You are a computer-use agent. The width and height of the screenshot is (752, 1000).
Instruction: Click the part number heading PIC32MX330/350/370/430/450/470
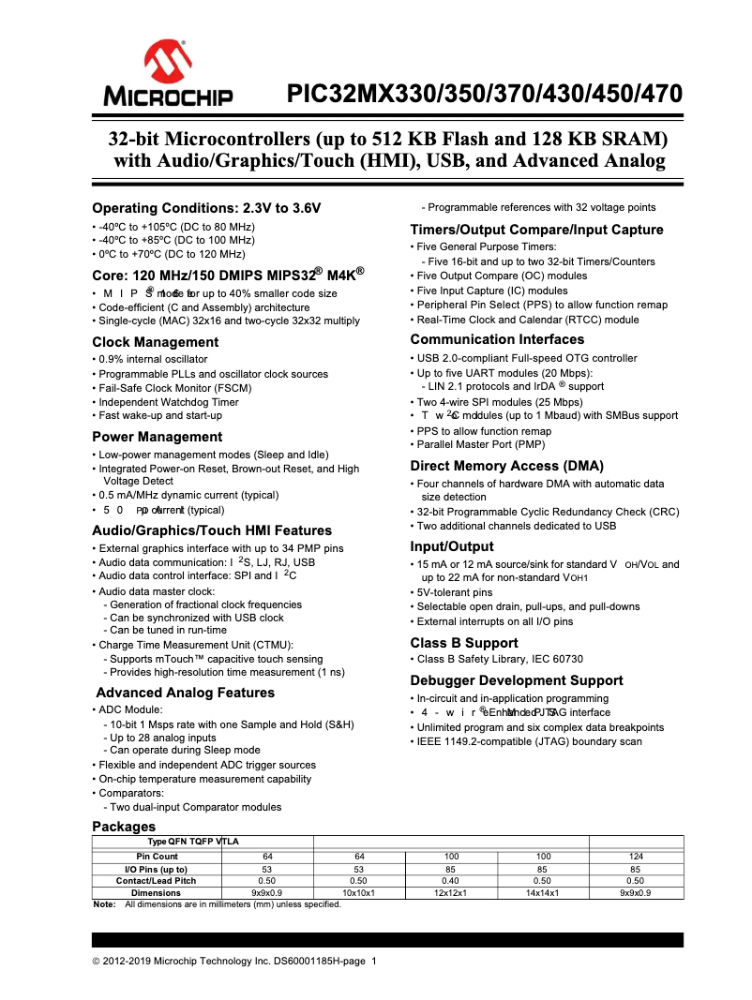pyautogui.click(x=484, y=95)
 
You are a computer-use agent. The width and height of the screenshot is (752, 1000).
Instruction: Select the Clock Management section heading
pyautogui.click(x=155, y=342)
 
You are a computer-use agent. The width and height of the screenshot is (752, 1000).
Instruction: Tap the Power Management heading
pyautogui.click(x=157, y=437)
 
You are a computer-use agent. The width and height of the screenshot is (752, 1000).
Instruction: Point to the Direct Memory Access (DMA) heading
pyautogui.click(x=506, y=466)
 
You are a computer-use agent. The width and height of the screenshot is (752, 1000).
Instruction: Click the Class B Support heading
pyautogui.click(x=463, y=643)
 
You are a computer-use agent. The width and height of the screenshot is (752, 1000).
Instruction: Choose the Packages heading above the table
pyautogui.click(x=123, y=827)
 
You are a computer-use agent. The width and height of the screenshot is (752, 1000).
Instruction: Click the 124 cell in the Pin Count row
pyautogui.click(x=635, y=857)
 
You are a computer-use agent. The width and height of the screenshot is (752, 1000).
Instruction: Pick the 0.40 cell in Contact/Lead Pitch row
pyautogui.click(x=451, y=881)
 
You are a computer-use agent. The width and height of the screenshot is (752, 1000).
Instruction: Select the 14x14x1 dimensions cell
pyautogui.click(x=543, y=893)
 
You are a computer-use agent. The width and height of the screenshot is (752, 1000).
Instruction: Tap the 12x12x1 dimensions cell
pyautogui.click(x=451, y=893)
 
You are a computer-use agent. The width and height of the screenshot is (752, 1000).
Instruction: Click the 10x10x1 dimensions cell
pyautogui.click(x=358, y=893)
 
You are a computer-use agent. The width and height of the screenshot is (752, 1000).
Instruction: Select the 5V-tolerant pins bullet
pyautogui.click(x=454, y=592)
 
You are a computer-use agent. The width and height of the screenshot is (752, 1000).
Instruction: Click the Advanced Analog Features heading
pyautogui.click(x=186, y=693)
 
